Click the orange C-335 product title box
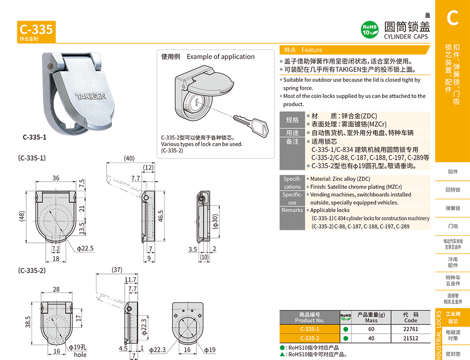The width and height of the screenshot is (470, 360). coord(36,32)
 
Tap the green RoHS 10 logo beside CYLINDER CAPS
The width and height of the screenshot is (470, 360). coord(370,30)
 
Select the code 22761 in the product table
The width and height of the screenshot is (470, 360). coord(410,329)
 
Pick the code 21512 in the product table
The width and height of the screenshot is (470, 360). coord(410,338)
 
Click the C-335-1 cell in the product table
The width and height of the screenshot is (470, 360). coord(309,329)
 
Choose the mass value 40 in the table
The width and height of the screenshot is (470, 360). coord(371,338)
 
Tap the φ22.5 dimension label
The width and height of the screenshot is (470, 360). coord(85,248)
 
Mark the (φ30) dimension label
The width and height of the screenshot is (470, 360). coord(215,221)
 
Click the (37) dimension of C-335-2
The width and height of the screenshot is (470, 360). coord(117,270)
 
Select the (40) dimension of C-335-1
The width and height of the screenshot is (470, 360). coord(129,158)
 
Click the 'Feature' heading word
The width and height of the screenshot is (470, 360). coord(312,50)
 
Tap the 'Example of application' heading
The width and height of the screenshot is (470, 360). coord(220,56)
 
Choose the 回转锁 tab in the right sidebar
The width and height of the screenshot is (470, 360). coord(452,190)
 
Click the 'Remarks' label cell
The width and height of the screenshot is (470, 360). coord(292,210)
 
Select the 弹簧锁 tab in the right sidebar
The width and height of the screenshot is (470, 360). coord(452,208)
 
